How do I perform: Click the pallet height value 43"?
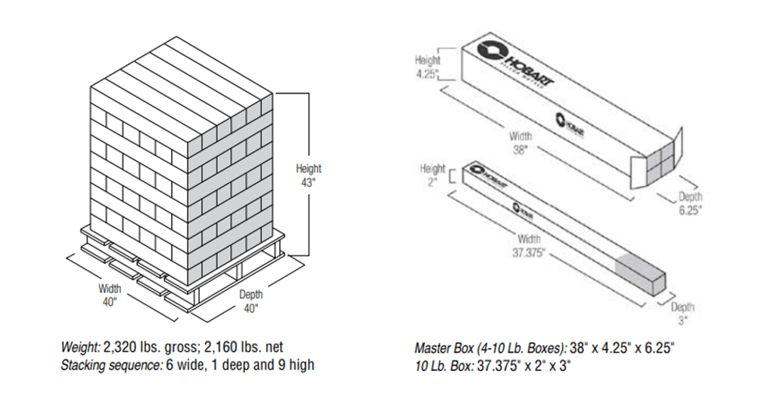tap(308, 181)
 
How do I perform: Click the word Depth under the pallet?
tap(250, 294)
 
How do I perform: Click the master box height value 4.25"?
tap(426, 74)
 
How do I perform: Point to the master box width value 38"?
tap(520, 150)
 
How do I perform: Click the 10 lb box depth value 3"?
tap(682, 321)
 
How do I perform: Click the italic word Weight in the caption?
tap(81, 348)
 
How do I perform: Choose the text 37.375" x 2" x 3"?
tap(524, 366)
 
